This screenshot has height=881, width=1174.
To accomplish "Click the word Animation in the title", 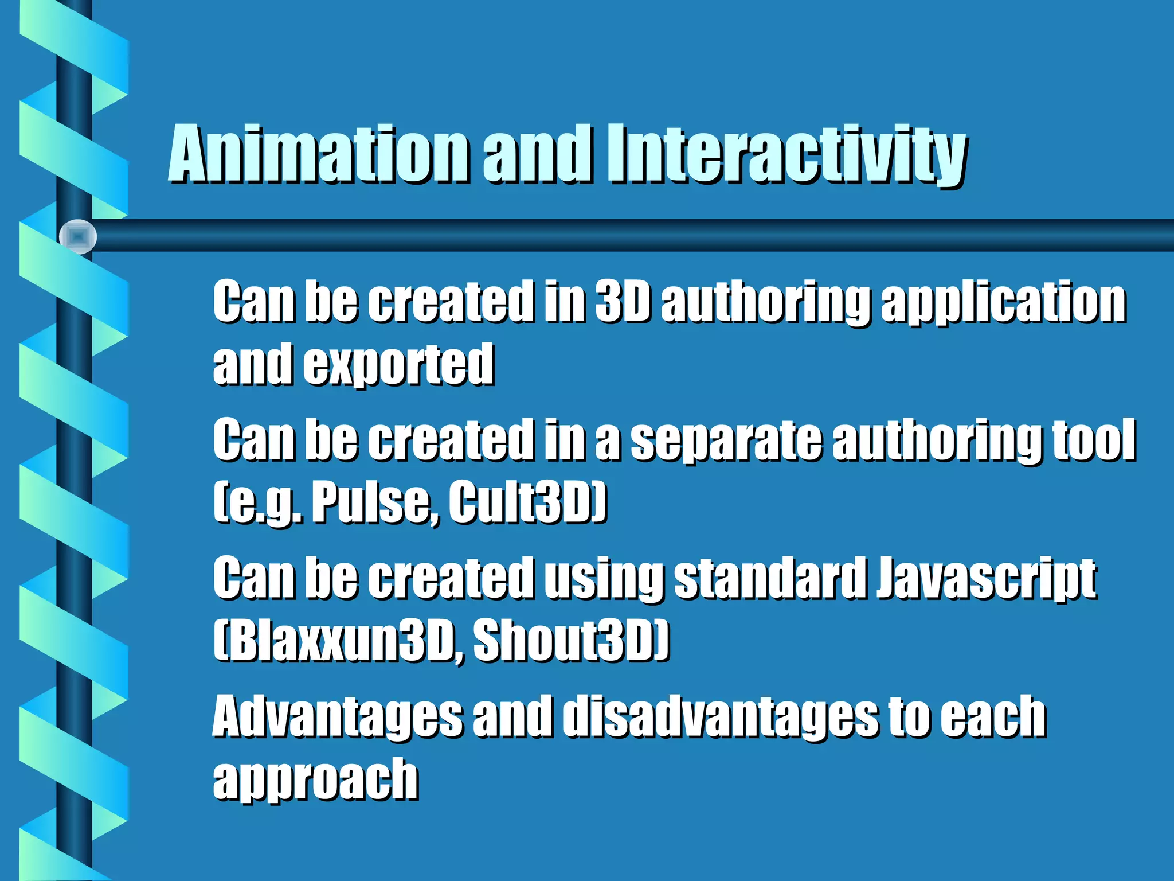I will click(318, 155).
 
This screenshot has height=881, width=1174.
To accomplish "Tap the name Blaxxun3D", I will click(338, 641).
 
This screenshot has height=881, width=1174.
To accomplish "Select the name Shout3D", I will click(570, 641).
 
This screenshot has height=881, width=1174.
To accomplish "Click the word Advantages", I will click(338, 717).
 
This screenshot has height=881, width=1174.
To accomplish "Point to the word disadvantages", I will click(720, 717).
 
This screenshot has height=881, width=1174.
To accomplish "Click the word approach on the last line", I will click(315, 780).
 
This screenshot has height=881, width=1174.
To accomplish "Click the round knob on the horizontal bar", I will click(78, 236).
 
